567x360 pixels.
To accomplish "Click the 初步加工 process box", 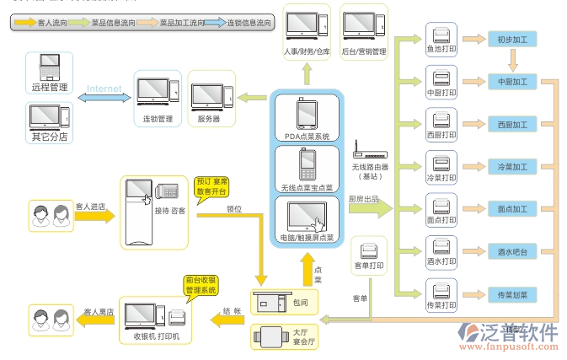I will [x=511, y=40].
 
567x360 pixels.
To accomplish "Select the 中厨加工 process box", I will [x=511, y=82].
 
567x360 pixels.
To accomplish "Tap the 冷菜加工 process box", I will [x=511, y=165].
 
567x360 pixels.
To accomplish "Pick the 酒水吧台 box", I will [x=511, y=250].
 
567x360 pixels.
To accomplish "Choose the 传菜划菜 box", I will [x=511, y=294].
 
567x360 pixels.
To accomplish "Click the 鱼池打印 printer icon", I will [x=441, y=35].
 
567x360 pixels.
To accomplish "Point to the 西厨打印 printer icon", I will [x=441, y=119].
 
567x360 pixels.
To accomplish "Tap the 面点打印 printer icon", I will [x=441, y=204].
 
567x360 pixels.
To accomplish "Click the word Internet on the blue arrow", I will [x=104, y=88].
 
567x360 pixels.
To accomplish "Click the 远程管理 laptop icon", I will [x=50, y=66].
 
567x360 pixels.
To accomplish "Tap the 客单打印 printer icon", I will [x=368, y=251].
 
